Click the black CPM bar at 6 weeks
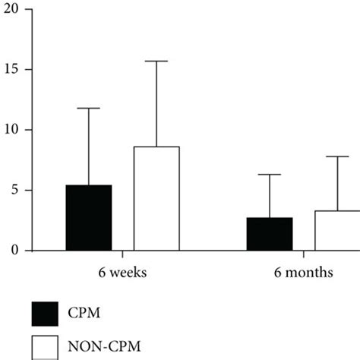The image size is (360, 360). [88, 218]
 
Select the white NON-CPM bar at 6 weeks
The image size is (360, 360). [156, 198]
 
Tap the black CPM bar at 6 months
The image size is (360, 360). [270, 234]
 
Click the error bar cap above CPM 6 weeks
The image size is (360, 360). [88, 108]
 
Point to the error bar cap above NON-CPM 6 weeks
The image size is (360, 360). [156, 61]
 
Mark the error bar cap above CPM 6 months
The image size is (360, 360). [270, 175]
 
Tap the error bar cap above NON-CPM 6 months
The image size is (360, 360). [337, 156]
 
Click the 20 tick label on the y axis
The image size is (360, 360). [11, 10]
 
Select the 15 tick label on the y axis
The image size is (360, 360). [11, 70]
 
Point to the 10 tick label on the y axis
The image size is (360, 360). [11, 130]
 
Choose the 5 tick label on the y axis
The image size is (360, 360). [14, 190]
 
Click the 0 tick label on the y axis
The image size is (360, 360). [14, 250]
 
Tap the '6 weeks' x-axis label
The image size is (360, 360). [122, 272]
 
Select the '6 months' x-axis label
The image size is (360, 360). [304, 272]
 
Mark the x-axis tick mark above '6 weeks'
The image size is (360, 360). [122, 254]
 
